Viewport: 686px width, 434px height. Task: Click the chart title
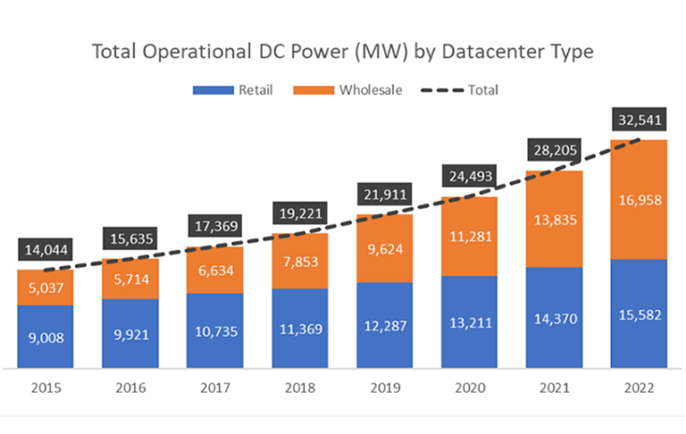(343, 51)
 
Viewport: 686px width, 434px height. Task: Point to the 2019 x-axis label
(383, 389)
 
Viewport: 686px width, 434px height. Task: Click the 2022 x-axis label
(639, 389)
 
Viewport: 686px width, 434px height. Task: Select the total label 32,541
(639, 119)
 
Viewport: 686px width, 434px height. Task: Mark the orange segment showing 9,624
(383, 248)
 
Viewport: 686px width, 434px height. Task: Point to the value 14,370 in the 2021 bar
(554, 318)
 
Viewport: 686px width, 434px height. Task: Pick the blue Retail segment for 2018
(298, 328)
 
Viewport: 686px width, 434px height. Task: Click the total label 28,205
(554, 151)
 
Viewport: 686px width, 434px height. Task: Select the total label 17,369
(213, 226)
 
